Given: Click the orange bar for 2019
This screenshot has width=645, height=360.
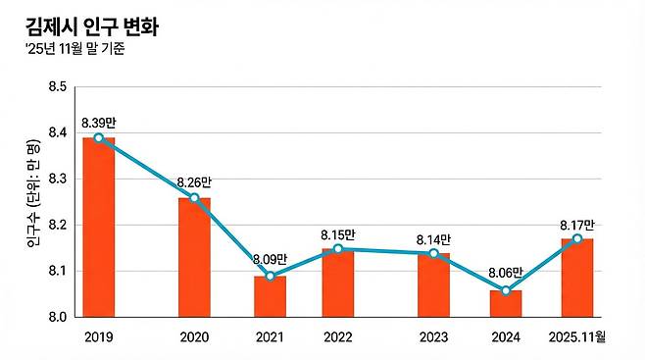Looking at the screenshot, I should click(x=98, y=228).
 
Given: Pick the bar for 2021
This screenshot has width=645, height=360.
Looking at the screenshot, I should click(x=270, y=297).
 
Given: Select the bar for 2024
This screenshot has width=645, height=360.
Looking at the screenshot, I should click(x=505, y=304).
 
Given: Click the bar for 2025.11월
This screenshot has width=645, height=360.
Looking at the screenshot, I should click(x=577, y=279).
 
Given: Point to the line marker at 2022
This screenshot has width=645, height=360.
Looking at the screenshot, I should click(x=338, y=249).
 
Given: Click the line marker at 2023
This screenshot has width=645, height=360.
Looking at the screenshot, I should click(x=434, y=253).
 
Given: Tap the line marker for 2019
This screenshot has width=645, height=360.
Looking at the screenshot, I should click(x=98, y=137).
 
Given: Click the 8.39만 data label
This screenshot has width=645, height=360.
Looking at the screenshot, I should click(x=99, y=122).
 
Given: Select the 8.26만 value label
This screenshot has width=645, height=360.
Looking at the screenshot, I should click(x=194, y=182).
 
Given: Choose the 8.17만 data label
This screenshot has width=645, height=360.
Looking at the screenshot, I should click(x=576, y=223).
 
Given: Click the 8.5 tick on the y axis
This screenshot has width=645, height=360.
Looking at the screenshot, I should click(x=56, y=87).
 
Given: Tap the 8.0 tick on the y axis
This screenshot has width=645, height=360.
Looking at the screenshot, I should click(x=56, y=318).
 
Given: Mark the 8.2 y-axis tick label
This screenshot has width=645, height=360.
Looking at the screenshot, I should click(x=56, y=226).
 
